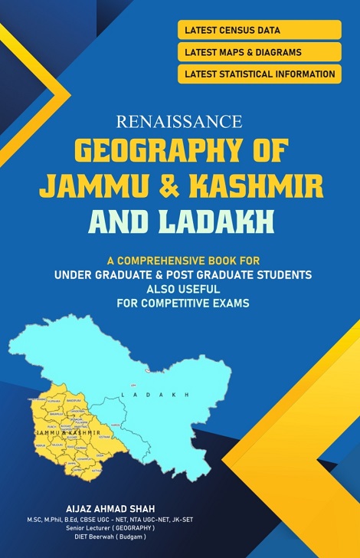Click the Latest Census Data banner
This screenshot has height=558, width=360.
point(258,30)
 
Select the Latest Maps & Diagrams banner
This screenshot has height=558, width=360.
point(258,52)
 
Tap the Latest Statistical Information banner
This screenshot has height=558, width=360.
point(258,74)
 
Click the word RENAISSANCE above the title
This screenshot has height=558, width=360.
point(180,120)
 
